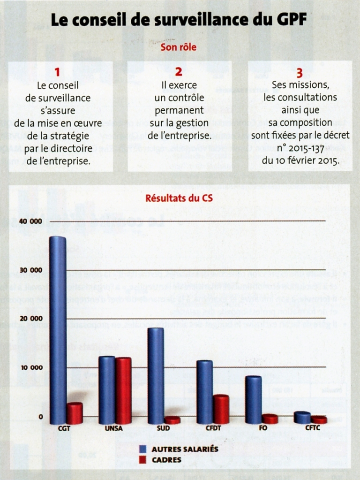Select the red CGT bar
[75, 413]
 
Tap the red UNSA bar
[123, 390]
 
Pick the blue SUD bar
[156, 375]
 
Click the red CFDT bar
[221, 409]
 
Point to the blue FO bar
[254, 400]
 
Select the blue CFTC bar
[302, 417]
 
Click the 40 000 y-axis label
[31, 221]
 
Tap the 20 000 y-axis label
[31, 319]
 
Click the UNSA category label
[114, 428]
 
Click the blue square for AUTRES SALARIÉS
[143, 450]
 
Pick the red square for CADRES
[143, 460]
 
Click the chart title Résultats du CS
[179, 198]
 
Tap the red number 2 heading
[179, 72]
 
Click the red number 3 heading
[300, 73]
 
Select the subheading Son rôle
[179, 47]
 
